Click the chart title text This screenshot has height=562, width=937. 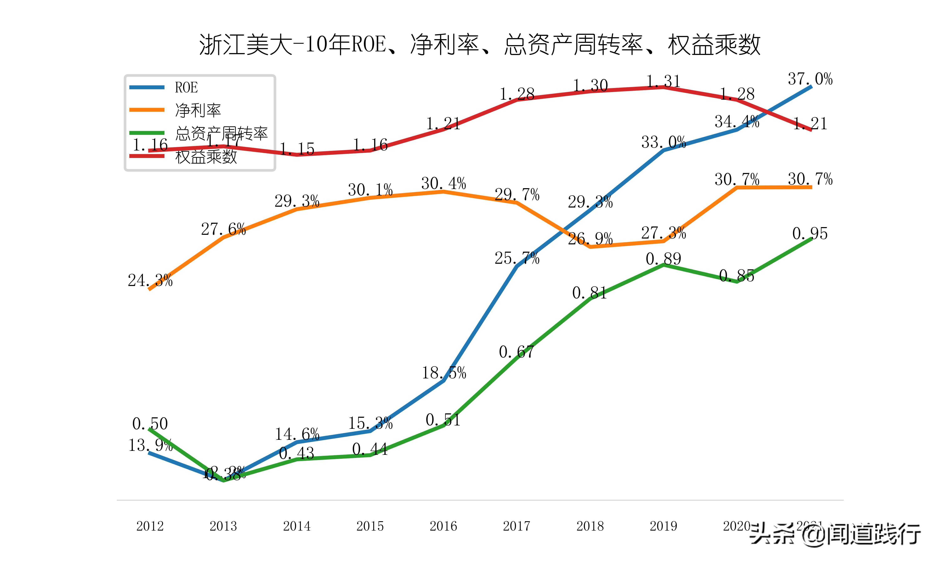click(x=480, y=45)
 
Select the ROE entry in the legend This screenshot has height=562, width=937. click(x=186, y=87)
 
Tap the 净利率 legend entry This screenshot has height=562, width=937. click(x=198, y=110)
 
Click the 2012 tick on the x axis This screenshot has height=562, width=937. click(x=150, y=526)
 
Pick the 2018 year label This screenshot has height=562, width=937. click(x=590, y=526)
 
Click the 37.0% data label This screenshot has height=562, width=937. click(x=810, y=79)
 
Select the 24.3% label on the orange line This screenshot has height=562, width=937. click(x=150, y=281)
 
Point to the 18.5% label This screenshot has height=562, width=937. click(x=444, y=373)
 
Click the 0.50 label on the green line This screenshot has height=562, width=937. click(x=150, y=424)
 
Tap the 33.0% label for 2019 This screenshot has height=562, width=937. click(x=664, y=142)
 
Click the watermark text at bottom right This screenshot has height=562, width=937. click(x=835, y=534)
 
